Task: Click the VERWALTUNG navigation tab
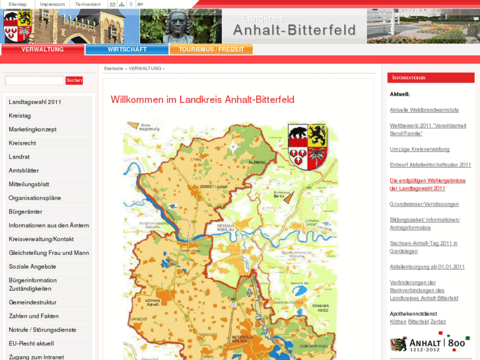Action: (42, 50)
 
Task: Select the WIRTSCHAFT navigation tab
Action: (127, 50)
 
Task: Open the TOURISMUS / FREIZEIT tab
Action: (211, 50)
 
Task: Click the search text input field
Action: (34, 81)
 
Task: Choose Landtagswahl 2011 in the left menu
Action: (35, 102)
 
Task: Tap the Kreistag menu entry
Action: (20, 116)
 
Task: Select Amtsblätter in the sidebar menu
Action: (24, 170)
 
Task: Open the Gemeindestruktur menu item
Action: (32, 302)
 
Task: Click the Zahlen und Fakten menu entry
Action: (34, 316)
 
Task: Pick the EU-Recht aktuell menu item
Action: (31, 343)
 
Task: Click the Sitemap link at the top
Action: (18, 4)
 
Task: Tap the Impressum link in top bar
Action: (52, 4)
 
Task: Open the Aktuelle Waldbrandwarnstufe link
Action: (424, 110)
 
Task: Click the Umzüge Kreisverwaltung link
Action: (419, 149)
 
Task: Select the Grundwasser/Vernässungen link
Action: (424, 204)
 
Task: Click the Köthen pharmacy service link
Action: (398, 322)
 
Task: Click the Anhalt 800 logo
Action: (429, 343)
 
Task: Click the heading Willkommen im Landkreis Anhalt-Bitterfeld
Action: (202, 100)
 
